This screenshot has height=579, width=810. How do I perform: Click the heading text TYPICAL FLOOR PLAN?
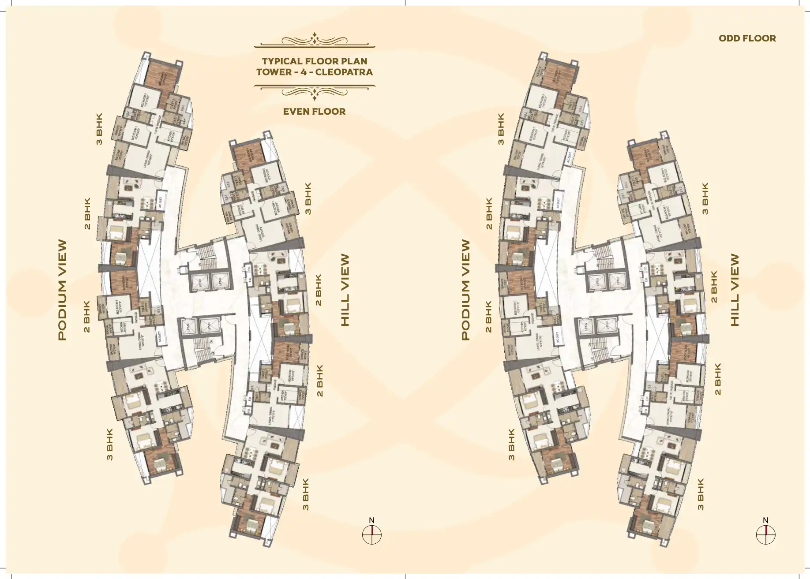315,61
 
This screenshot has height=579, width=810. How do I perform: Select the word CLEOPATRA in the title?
345,72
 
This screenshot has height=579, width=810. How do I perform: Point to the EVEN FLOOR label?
314,112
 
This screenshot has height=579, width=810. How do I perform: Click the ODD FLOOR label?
747,38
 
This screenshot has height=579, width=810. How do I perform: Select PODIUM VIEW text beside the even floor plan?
63,290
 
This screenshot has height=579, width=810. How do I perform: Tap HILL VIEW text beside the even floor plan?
345,290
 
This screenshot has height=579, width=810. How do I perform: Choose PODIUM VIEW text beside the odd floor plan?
466,290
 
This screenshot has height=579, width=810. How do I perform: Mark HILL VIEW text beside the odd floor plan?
735,290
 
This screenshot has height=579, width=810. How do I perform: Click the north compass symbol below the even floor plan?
371,535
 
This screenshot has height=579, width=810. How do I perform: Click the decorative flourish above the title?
315,40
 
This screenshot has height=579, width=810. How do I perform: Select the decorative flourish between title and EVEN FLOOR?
315,91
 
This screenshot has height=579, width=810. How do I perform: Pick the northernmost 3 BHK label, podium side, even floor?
99,129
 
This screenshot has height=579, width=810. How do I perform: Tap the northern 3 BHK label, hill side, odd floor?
705,198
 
